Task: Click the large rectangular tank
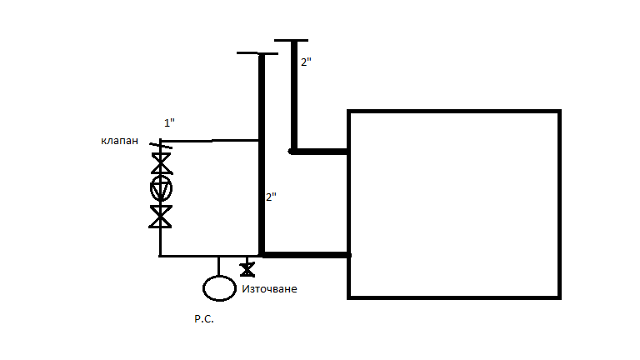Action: pos(452,203)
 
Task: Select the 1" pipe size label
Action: pos(169,123)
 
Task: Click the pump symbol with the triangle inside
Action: pos(161,187)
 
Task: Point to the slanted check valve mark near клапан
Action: pos(162,152)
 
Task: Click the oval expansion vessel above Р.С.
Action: pos(219,287)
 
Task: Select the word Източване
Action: pos(269,289)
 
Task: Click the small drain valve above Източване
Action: pos(247,268)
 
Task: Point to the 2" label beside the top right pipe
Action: pos(307,62)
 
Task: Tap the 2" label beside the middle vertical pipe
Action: pos(271,197)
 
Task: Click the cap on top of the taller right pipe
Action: pos(291,40)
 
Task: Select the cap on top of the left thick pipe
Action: pos(256,54)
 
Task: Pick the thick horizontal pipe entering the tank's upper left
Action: pos(321,152)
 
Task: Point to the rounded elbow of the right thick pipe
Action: pos(292,151)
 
